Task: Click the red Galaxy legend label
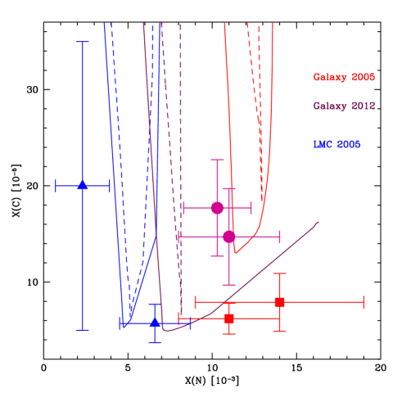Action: tap(343, 77)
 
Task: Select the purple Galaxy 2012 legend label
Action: tap(344, 106)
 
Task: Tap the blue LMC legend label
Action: tap(336, 145)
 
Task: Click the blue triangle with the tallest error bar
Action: tap(83, 186)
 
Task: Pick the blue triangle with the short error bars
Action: tap(155, 323)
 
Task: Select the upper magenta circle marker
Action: tap(217, 208)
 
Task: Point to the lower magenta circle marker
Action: tap(229, 237)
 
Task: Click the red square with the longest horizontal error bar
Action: tap(279, 302)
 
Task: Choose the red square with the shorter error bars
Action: tap(229, 318)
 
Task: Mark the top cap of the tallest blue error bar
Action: tap(83, 42)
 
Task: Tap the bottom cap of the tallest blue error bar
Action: tap(83, 330)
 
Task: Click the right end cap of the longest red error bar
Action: tap(363, 302)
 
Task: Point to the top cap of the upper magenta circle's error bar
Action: tap(217, 160)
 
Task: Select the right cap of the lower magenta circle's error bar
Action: tap(280, 237)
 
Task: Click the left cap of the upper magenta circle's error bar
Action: tap(183, 208)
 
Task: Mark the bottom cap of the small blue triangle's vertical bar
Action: tap(155, 342)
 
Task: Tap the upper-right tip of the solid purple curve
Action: tap(318, 222)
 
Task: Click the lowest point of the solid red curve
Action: tap(236, 252)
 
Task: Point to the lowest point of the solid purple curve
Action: tap(166, 330)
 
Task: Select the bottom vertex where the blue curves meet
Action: tap(124, 327)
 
